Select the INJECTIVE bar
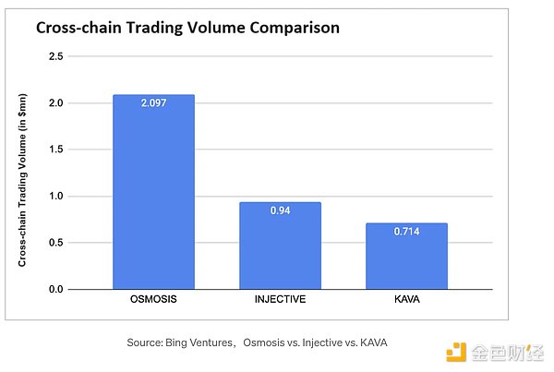click(281, 246)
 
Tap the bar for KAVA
click(407, 256)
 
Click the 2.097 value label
click(154, 103)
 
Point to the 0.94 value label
click(281, 211)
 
